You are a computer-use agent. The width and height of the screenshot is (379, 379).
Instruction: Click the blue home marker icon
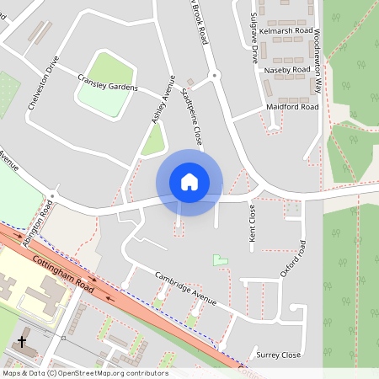pos(189,182)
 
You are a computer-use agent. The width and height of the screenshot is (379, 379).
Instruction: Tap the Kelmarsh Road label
pos(286,31)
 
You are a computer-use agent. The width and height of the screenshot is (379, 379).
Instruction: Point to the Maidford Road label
pos(291,107)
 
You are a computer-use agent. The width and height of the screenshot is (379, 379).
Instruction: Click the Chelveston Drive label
pos(45,87)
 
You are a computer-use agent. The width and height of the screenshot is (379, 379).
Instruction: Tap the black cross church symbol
pos(21,342)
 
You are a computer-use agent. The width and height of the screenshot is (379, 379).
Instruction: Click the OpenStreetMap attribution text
pos(85,373)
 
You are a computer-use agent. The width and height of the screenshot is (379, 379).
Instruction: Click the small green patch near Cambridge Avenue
pos(220,260)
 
